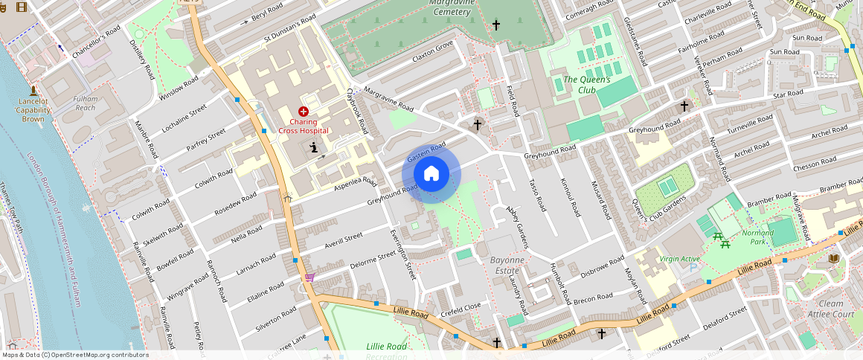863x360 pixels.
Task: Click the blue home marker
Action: [x=431, y=174]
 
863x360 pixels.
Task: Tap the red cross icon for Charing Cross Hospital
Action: [x=304, y=111]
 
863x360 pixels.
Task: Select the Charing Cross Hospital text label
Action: [x=304, y=126]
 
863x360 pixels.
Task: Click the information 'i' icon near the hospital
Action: [x=314, y=147]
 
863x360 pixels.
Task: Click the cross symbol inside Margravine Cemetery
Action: [x=495, y=25]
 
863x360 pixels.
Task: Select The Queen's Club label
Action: [x=586, y=85]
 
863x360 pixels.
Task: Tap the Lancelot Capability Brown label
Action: [x=33, y=109]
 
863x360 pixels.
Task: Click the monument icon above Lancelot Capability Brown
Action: [x=33, y=89]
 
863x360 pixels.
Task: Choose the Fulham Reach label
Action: [x=85, y=103]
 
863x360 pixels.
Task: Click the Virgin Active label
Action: [x=679, y=259]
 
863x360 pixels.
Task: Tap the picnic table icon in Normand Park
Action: [x=719, y=237]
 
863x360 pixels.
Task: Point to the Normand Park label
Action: [x=757, y=237]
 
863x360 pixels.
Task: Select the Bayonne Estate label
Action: [x=507, y=265]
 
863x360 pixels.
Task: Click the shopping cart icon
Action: [x=309, y=277]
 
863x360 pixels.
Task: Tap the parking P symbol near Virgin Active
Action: [x=693, y=268]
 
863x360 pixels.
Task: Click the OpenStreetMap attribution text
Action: [x=75, y=355]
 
